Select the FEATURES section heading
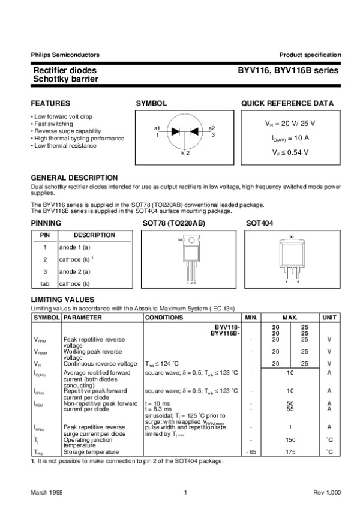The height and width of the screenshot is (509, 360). tap(50, 103)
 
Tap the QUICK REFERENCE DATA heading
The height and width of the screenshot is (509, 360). tap(287, 103)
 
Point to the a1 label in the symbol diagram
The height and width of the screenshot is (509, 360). tap(157, 128)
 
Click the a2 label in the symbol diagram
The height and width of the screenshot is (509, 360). tap(212, 128)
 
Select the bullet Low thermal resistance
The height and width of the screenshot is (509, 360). tap(65, 145)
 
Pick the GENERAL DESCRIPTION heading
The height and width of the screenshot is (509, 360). tap(74, 178)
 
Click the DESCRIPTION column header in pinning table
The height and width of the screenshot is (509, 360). tap(94, 235)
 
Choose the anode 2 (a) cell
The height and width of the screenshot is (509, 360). tap(74, 271)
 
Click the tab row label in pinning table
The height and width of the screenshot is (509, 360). tap(44, 283)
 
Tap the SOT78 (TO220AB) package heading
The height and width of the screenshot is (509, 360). tap(173, 223)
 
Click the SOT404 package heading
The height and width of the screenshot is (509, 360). tap(259, 223)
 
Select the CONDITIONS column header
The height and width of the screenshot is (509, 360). tap(164, 317)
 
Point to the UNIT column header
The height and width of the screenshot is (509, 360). tap(329, 317)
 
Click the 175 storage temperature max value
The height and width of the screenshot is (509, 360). tap(290, 451)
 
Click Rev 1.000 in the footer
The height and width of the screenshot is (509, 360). tap(326, 492)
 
